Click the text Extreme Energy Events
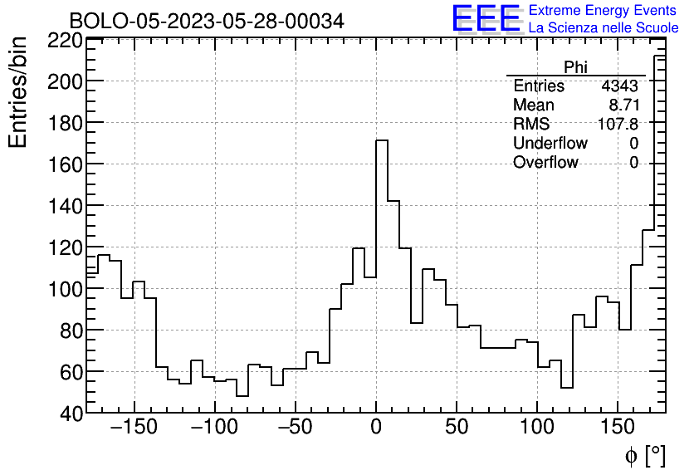coord(604,11)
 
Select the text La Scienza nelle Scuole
coord(604,28)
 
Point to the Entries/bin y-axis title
coord(18,92)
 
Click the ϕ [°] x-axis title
coord(644,455)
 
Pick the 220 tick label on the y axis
coord(65,41)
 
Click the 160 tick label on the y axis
coord(65,164)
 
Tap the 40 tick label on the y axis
coord(71,413)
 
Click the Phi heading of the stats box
coord(575,67)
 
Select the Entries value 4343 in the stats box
coord(619,86)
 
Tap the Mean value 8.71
coord(624,105)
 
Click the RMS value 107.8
coord(618,125)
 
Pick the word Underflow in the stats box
coord(550,144)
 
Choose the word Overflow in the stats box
coord(545,163)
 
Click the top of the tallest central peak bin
coord(382,140)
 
